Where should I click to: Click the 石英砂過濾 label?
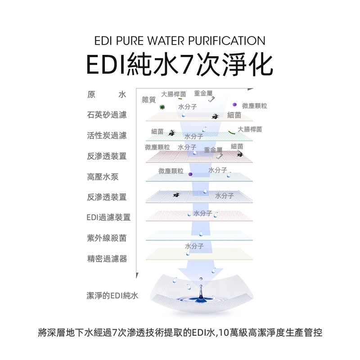pos(107,115)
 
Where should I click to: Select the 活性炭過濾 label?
pos(107,135)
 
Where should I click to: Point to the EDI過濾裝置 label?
pos(108,217)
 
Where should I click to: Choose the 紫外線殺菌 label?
pos(107,238)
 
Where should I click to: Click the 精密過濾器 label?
pos(107,259)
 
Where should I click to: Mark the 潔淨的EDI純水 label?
pos(112,296)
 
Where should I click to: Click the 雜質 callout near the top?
pos(148,99)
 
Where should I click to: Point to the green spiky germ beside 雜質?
pos(162,107)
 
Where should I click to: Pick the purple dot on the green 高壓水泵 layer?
pos(190,174)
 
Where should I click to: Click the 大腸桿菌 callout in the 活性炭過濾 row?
pos(250,129)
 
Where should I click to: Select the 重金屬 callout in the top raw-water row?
pos(203,93)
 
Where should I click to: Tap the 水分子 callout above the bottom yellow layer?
pos(194,246)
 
